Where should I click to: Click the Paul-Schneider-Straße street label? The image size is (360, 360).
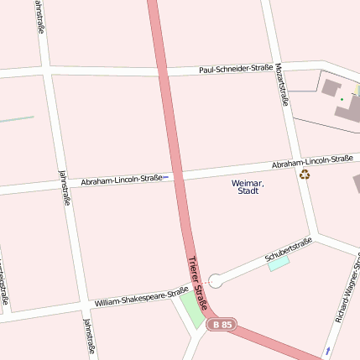(x=237, y=69)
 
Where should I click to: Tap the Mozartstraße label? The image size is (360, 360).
(x=284, y=90)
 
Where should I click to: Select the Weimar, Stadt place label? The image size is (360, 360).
(x=248, y=187)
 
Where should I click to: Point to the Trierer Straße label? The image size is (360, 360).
(x=197, y=282)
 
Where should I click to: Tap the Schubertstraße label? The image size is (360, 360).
(x=288, y=248)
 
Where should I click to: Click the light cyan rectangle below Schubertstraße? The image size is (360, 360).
(x=278, y=263)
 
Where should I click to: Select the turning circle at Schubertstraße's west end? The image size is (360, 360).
(x=216, y=280)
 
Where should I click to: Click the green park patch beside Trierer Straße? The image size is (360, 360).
(x=192, y=311)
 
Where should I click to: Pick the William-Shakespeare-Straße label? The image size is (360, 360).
(x=141, y=297)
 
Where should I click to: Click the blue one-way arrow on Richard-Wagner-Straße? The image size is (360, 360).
(x=328, y=349)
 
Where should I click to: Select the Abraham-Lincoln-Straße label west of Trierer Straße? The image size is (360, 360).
(x=121, y=180)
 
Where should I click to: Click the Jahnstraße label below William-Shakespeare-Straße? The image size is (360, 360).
(x=88, y=336)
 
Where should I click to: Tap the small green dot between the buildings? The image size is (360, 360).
(x=342, y=100)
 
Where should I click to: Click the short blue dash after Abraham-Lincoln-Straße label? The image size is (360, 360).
(x=165, y=177)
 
